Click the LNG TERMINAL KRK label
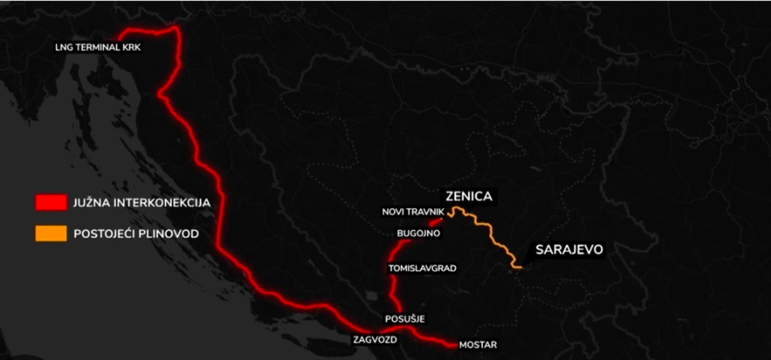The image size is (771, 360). [x=98, y=47]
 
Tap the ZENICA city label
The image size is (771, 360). [x=469, y=196]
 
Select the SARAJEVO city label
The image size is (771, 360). [x=569, y=250]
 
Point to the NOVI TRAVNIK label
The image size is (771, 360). [x=413, y=212]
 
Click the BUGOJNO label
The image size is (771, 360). [x=418, y=233]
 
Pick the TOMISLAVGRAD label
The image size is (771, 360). [x=422, y=268]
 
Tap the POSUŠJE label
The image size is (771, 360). [x=405, y=319]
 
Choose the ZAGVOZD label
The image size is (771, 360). [x=375, y=340]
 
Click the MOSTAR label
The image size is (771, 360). [x=478, y=345]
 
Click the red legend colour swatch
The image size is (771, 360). [x=51, y=202]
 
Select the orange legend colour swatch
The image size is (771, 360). [x=51, y=234]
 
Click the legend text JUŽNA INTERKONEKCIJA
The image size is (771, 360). [x=142, y=203]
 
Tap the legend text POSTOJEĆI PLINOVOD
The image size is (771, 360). [x=136, y=234]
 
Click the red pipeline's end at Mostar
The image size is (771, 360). [x=454, y=344]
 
